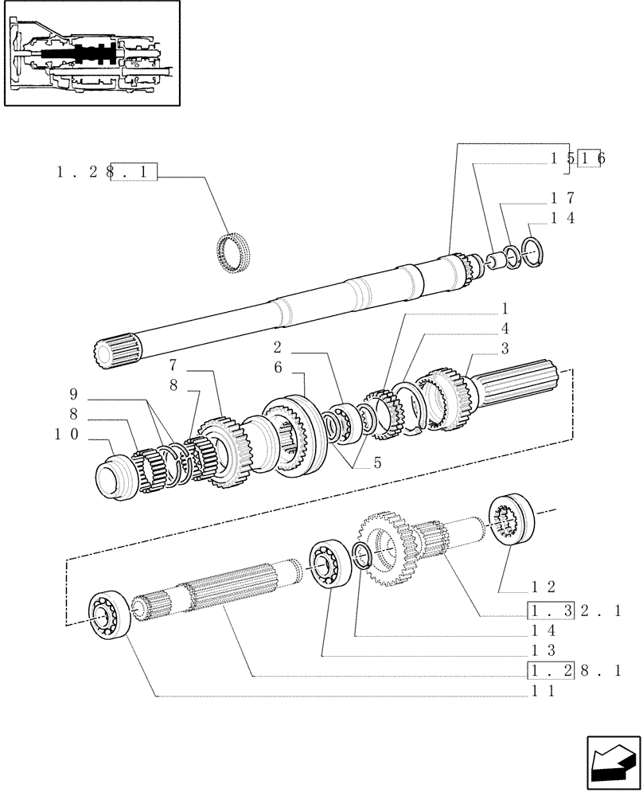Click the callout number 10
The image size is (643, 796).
point(67,435)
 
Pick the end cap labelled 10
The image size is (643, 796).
point(115,478)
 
